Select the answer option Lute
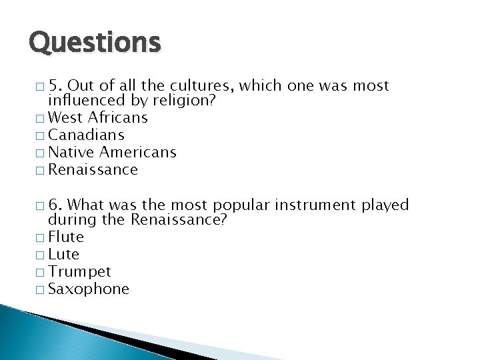(65, 254)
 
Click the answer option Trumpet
(81, 271)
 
